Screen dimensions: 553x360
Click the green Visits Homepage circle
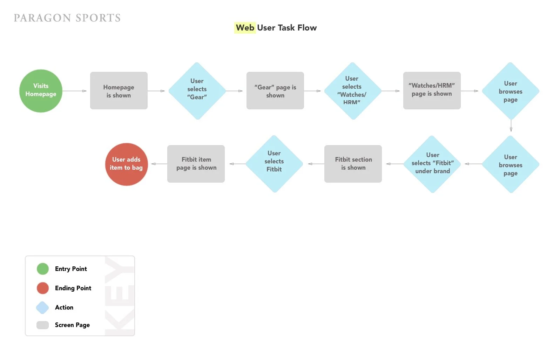(41, 91)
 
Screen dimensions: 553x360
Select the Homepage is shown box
(119, 91)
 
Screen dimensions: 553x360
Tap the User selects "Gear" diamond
(197, 91)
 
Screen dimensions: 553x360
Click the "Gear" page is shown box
(275, 91)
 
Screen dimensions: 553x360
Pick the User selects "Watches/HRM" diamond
(352, 91)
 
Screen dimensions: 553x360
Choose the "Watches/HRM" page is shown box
(432, 90)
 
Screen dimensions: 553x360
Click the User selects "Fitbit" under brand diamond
(432, 164)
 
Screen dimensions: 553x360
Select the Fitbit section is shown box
(353, 164)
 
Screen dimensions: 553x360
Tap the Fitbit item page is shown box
(196, 164)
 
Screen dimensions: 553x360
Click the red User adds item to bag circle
(126, 164)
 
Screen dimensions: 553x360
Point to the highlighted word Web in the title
(245, 28)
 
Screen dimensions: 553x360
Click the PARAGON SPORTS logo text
(67, 18)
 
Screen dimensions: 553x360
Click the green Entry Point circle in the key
(43, 269)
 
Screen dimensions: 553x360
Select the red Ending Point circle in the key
(43, 288)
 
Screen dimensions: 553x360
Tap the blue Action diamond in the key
(42, 307)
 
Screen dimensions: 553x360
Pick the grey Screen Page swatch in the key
(43, 325)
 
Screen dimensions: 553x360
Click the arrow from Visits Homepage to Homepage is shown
(74, 91)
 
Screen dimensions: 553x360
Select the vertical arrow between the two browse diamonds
(511, 125)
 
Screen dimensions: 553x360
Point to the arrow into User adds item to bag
(159, 164)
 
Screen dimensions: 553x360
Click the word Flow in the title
(307, 28)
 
